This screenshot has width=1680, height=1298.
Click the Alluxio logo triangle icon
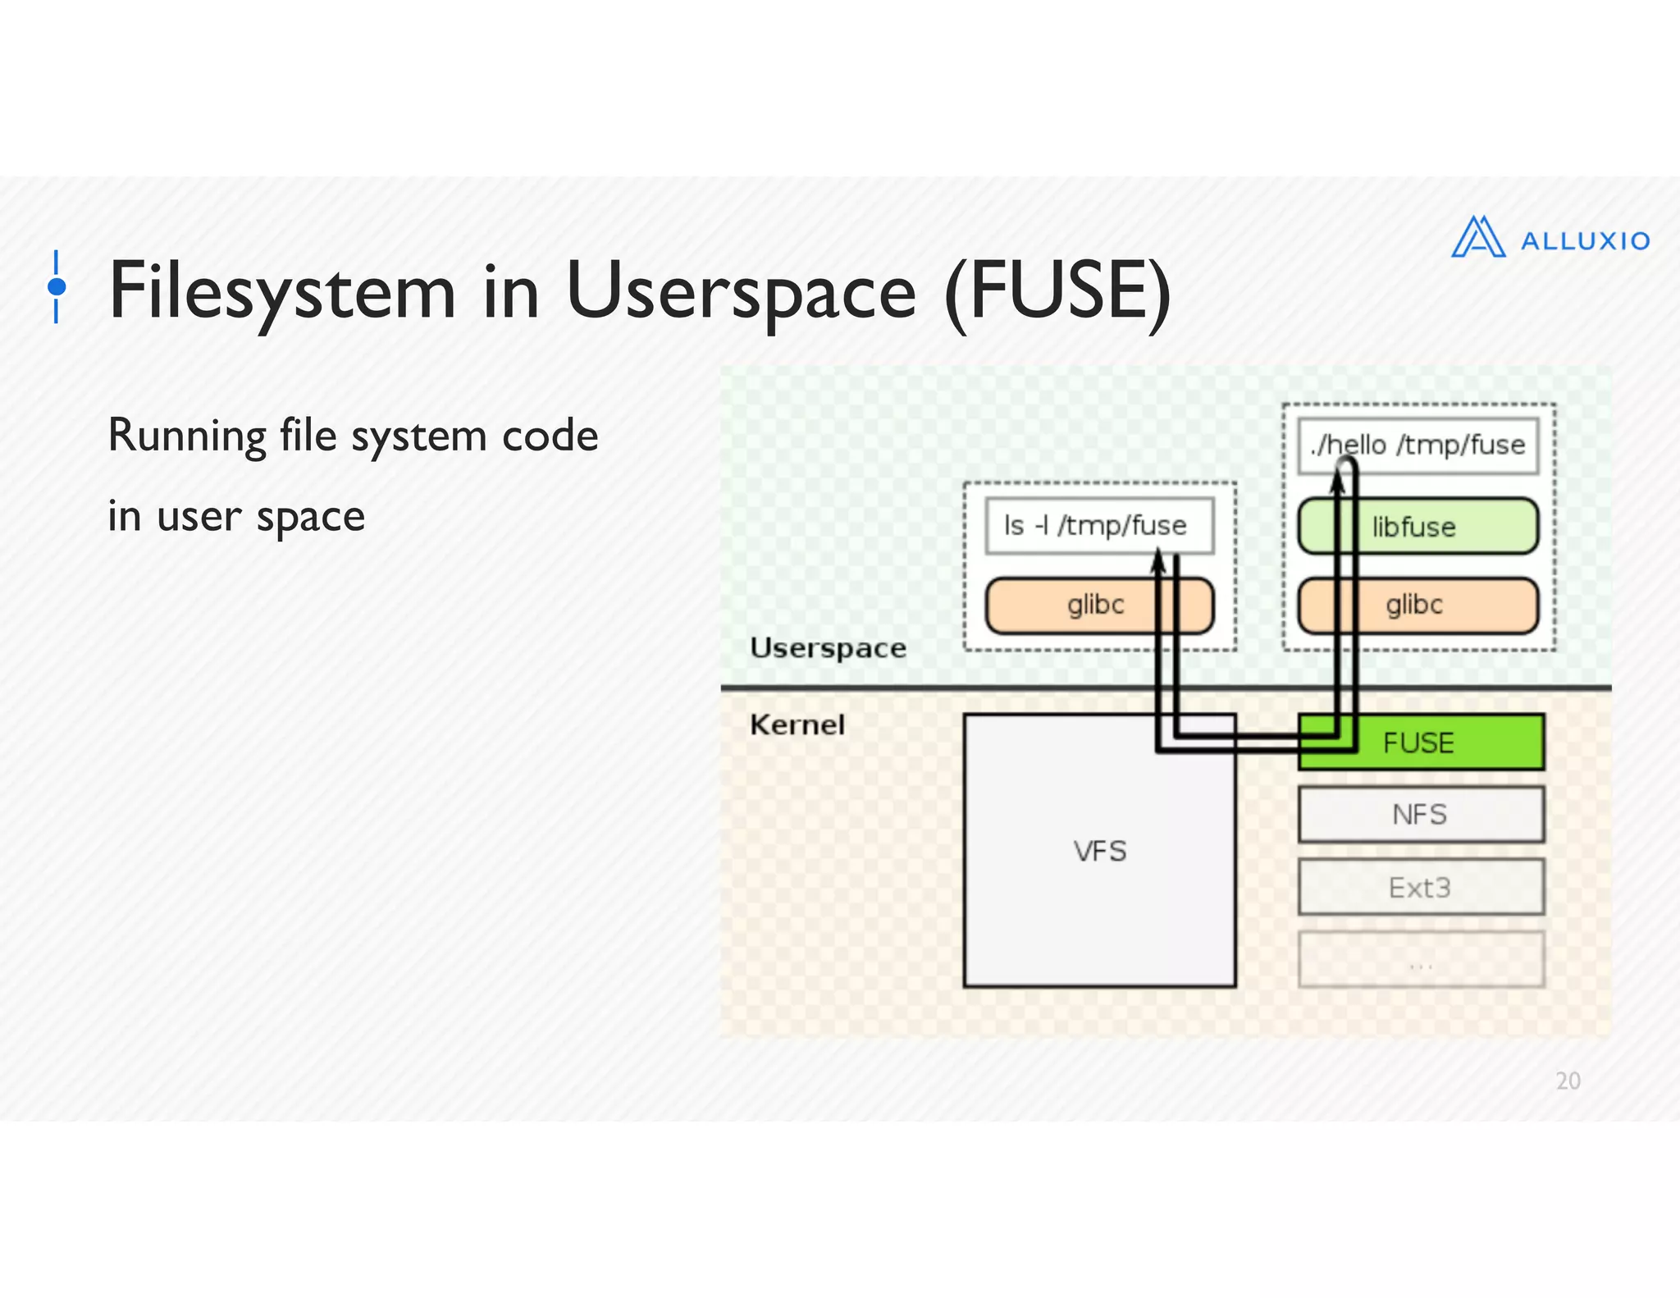pyautogui.click(x=1477, y=238)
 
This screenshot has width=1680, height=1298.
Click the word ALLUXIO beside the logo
pyautogui.click(x=1585, y=241)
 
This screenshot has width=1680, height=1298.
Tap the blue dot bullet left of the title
pyautogui.click(x=57, y=286)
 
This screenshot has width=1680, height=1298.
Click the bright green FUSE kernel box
pyautogui.click(x=1444, y=743)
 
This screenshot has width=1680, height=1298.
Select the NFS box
pyautogui.click(x=1420, y=815)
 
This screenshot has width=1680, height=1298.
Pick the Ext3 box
pyautogui.click(x=1420, y=887)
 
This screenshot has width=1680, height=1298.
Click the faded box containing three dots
pyautogui.click(x=1420, y=959)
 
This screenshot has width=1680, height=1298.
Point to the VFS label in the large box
pyautogui.click(x=1099, y=851)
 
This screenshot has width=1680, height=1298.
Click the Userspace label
pyautogui.click(x=828, y=647)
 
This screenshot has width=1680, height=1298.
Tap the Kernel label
pyautogui.click(x=797, y=724)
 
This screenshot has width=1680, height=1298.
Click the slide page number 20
pyautogui.click(x=1568, y=1081)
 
